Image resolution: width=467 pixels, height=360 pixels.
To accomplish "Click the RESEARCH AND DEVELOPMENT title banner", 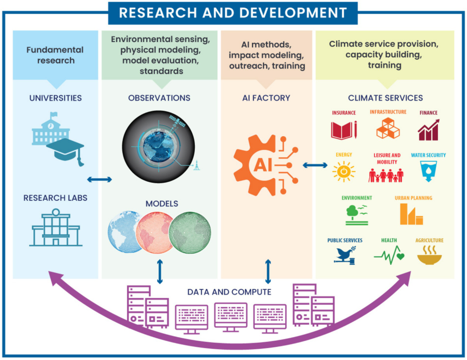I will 233,13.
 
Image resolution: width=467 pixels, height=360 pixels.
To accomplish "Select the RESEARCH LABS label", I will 55,198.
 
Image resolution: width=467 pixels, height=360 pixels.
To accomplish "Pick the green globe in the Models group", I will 190,232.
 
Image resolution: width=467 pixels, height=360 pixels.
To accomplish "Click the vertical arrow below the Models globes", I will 160,272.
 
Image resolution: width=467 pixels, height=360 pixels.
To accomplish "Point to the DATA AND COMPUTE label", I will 229,292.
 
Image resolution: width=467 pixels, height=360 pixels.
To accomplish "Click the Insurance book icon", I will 343,130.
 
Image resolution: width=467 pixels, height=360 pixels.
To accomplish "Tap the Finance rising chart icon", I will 429,130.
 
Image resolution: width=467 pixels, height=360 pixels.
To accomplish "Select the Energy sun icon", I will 343,172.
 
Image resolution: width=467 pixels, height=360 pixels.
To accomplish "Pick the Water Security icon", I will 428,171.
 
